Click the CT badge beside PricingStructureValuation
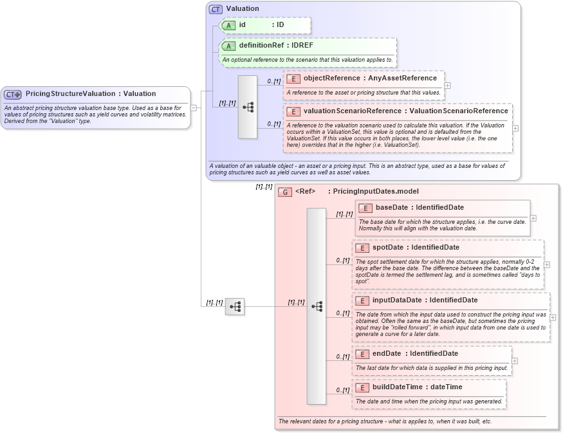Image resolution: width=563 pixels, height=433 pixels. [14, 94]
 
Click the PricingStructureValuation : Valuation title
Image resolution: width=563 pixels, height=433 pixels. [90, 94]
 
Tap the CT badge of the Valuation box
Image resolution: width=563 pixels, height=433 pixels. [216, 9]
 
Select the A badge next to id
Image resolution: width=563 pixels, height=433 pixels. [228, 25]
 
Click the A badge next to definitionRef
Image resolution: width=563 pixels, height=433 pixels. [228, 46]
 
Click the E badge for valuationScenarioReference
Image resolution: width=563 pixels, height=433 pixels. [293, 111]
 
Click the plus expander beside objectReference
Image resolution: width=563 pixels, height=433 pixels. [447, 85]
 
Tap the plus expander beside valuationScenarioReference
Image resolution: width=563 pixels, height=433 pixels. [515, 128]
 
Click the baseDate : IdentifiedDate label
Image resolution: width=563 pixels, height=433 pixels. [419, 208]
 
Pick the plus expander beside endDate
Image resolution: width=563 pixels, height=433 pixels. [514, 361]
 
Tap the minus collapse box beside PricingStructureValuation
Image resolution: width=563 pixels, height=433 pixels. [193, 107]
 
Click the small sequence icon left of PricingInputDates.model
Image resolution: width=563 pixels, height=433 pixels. [235, 307]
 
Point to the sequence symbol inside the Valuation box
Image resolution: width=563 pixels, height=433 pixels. [248, 107]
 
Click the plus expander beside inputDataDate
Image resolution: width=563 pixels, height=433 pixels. [552, 317]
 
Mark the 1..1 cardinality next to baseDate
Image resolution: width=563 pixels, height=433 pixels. [344, 214]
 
